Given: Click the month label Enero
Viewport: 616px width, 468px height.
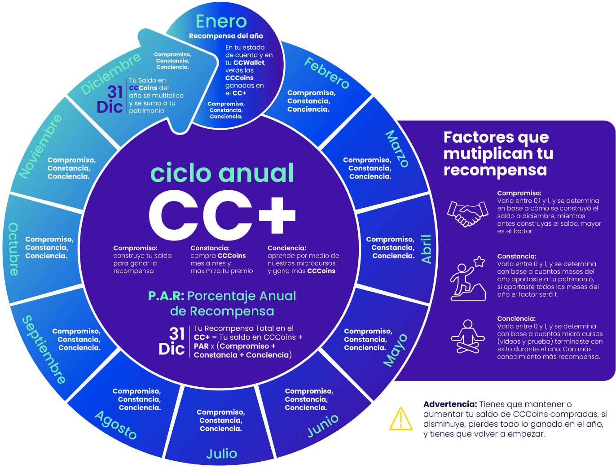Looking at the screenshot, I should click(x=221, y=22).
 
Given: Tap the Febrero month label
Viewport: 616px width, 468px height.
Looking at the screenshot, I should click(x=327, y=73).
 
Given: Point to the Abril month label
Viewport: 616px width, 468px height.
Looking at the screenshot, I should click(x=426, y=249).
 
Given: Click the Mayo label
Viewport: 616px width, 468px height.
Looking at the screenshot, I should click(x=396, y=350).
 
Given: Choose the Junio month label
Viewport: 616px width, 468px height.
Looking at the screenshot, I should click(x=323, y=425).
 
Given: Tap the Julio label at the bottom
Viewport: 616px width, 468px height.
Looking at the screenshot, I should click(x=222, y=454).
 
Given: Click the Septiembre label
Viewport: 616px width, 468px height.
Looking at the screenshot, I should click(x=44, y=350).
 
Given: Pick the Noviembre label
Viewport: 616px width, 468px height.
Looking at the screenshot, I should click(x=40, y=146).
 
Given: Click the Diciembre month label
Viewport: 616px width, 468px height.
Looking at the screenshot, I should click(x=110, y=74).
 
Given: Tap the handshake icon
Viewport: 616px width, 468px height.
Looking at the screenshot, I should click(x=467, y=214).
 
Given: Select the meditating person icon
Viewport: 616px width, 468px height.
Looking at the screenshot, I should click(x=468, y=337).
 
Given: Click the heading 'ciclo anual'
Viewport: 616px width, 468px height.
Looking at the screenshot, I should click(x=222, y=173).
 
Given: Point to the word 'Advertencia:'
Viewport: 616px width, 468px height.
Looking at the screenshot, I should click(x=450, y=404).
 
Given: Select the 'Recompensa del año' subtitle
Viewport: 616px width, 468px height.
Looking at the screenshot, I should click(x=226, y=36).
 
